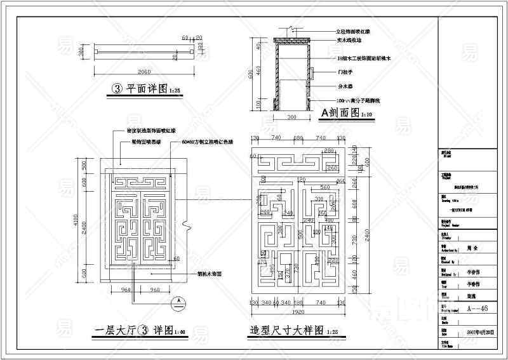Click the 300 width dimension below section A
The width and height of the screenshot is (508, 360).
point(291,117)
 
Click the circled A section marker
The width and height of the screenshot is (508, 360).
point(180,300)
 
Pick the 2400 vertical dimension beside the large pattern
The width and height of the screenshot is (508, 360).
point(357,222)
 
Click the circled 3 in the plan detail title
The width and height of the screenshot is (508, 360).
point(116,90)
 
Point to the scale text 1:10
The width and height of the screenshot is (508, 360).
point(366,116)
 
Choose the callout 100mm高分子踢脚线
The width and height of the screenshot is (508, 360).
point(358,101)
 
